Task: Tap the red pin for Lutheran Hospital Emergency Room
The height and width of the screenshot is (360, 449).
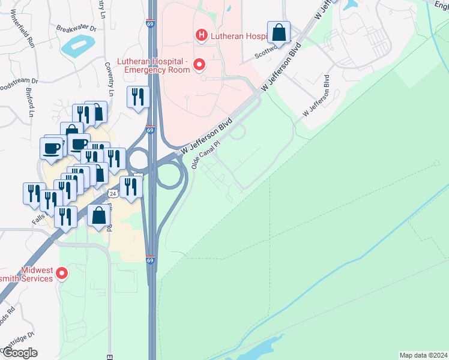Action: [199, 65]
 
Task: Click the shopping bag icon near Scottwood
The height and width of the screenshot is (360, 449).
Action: [279, 32]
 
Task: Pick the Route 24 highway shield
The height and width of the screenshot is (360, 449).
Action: [113, 193]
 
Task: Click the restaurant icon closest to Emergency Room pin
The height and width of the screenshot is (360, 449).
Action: [138, 97]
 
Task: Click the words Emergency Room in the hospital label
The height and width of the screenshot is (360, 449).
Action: [157, 70]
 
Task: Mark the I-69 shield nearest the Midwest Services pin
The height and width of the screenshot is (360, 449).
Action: [150, 260]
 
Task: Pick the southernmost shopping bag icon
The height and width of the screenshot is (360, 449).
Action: [98, 215]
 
